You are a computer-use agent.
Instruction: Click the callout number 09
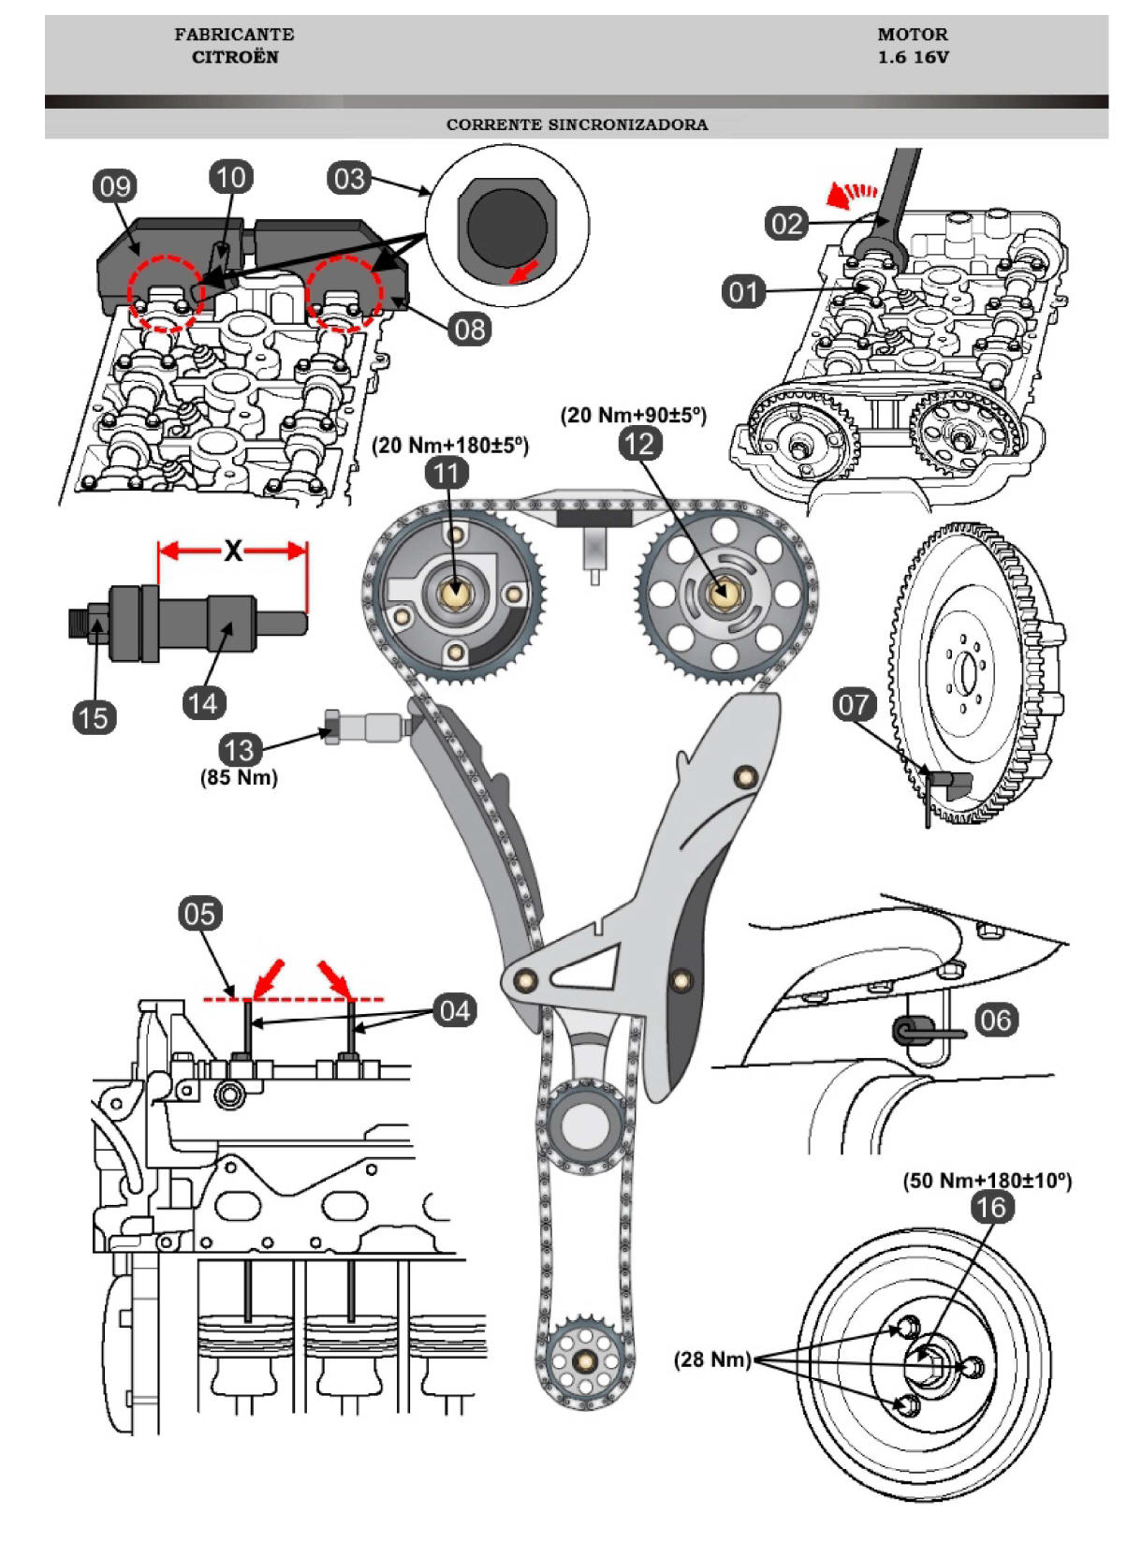click(115, 186)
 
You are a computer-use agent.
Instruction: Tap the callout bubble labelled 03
click(349, 179)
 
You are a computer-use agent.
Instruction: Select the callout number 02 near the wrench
click(786, 224)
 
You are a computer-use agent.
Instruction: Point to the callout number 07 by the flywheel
click(854, 704)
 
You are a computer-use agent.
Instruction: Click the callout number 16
click(991, 1207)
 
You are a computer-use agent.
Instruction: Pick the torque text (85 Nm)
click(239, 777)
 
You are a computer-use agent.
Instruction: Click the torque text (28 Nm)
click(712, 1359)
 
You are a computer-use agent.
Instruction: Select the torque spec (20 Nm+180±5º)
click(450, 445)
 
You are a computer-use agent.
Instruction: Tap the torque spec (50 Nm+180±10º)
click(987, 1181)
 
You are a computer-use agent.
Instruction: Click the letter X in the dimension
click(232, 551)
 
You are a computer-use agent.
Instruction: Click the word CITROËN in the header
click(235, 57)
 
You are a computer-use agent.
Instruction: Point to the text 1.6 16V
click(913, 57)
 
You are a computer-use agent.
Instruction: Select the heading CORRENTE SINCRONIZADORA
click(577, 125)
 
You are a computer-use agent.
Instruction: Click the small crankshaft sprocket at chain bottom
click(584, 1360)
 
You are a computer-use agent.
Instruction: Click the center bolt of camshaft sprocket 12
click(721, 593)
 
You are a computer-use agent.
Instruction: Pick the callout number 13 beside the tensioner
click(239, 750)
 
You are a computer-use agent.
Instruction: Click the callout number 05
click(199, 914)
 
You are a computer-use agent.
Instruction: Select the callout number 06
click(996, 1019)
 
